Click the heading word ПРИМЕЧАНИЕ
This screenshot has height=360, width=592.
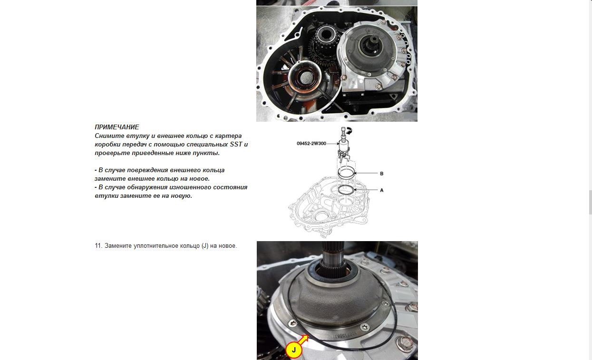click(117, 127)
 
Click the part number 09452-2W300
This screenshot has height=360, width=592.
click(311, 144)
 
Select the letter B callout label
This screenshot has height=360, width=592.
click(382, 174)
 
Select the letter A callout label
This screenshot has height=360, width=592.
click(382, 190)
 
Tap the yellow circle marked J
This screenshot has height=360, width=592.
click(293, 350)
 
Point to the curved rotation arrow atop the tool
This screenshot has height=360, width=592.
click(349, 129)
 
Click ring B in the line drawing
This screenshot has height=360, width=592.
click(347, 173)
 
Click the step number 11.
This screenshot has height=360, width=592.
click(98, 246)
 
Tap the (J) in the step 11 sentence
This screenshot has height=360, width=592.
click(205, 246)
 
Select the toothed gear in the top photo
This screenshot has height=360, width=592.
click(323, 51)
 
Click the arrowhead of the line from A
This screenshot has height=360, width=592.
click(354, 190)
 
